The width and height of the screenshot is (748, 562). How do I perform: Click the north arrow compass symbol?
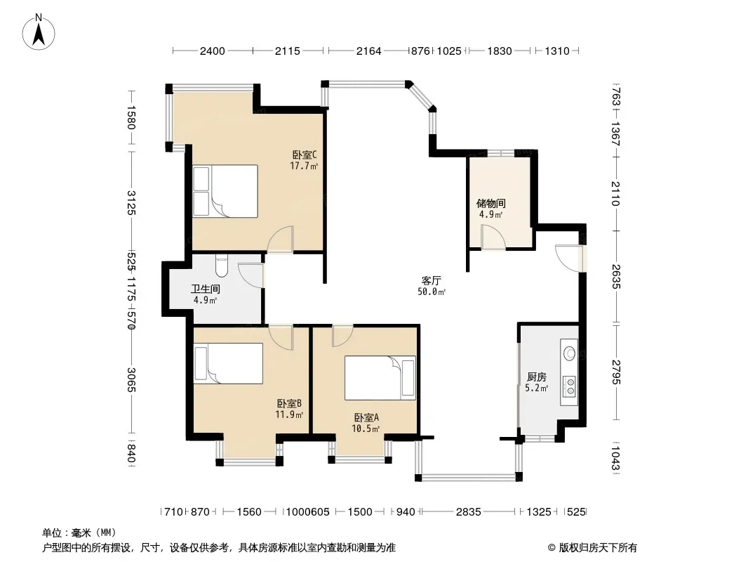pos(39,32)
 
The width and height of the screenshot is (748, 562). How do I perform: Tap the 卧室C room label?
pos(305,155)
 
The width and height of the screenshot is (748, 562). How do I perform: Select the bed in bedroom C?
pos(225,191)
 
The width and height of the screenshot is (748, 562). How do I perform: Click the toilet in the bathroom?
pos(222,266)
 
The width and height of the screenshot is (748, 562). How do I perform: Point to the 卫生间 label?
pos(205,289)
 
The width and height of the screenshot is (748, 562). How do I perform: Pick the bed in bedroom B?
pos(229,363)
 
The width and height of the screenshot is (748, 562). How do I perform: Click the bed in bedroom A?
pos(380,378)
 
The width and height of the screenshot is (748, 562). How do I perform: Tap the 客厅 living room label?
pos(432,280)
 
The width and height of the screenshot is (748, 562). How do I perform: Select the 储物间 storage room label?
pos(491,204)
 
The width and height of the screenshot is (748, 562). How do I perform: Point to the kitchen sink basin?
pos(570,353)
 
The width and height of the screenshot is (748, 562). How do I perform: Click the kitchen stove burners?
pos(570,386)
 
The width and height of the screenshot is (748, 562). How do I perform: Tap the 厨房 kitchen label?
pos(537,377)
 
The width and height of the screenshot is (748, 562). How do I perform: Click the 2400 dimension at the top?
pos(213,51)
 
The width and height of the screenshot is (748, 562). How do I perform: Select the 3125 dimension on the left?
pos(131,202)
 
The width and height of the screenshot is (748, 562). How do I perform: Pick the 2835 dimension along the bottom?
pos(469,512)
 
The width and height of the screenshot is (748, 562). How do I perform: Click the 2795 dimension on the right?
pos(615,372)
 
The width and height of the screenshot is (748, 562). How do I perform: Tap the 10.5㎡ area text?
pos(366,429)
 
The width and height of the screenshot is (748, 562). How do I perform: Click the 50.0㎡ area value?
pos(432,292)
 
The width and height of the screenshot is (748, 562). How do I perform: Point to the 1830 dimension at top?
pos(500,51)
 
